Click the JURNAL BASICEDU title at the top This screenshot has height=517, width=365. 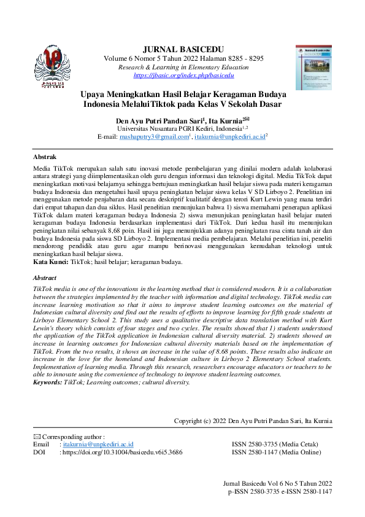click(x=183, y=49)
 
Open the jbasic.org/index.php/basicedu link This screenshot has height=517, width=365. click(x=183, y=75)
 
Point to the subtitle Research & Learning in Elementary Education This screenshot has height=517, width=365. click(x=183, y=67)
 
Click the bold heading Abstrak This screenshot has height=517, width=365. click(x=44, y=157)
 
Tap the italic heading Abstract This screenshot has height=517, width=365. click(x=45, y=278)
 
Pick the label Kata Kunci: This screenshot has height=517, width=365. click(x=51, y=262)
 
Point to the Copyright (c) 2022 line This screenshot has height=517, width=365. click(x=253, y=421)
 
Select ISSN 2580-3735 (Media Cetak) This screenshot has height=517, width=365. click(x=276, y=444)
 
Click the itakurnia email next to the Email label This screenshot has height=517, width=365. click(x=98, y=444)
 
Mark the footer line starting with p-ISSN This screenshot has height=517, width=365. click(x=280, y=492)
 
